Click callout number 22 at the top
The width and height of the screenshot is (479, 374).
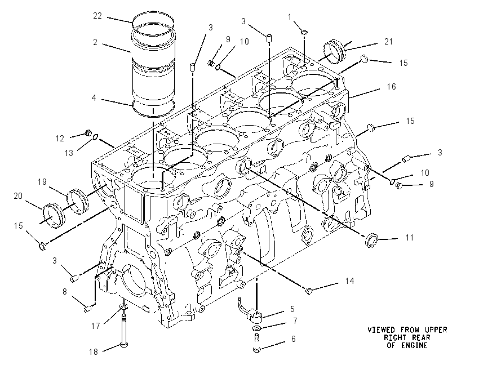(97, 16)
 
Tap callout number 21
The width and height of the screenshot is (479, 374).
(388, 42)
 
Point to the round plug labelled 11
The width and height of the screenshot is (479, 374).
(371, 239)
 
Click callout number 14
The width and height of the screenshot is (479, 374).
(350, 281)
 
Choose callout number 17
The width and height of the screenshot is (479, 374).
(95, 326)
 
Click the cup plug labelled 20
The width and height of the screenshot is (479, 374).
(54, 216)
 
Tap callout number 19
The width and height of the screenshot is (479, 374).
(42, 182)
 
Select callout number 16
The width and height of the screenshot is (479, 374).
(391, 87)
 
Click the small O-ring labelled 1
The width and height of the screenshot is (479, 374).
(304, 32)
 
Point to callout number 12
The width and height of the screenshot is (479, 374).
(60, 139)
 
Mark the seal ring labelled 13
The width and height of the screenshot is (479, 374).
(95, 137)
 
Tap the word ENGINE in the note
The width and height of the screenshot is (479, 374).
(414, 346)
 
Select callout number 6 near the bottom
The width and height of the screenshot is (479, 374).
(293, 339)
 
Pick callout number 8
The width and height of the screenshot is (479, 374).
(64, 292)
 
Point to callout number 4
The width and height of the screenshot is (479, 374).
(94, 97)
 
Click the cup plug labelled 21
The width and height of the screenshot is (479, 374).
(334, 52)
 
